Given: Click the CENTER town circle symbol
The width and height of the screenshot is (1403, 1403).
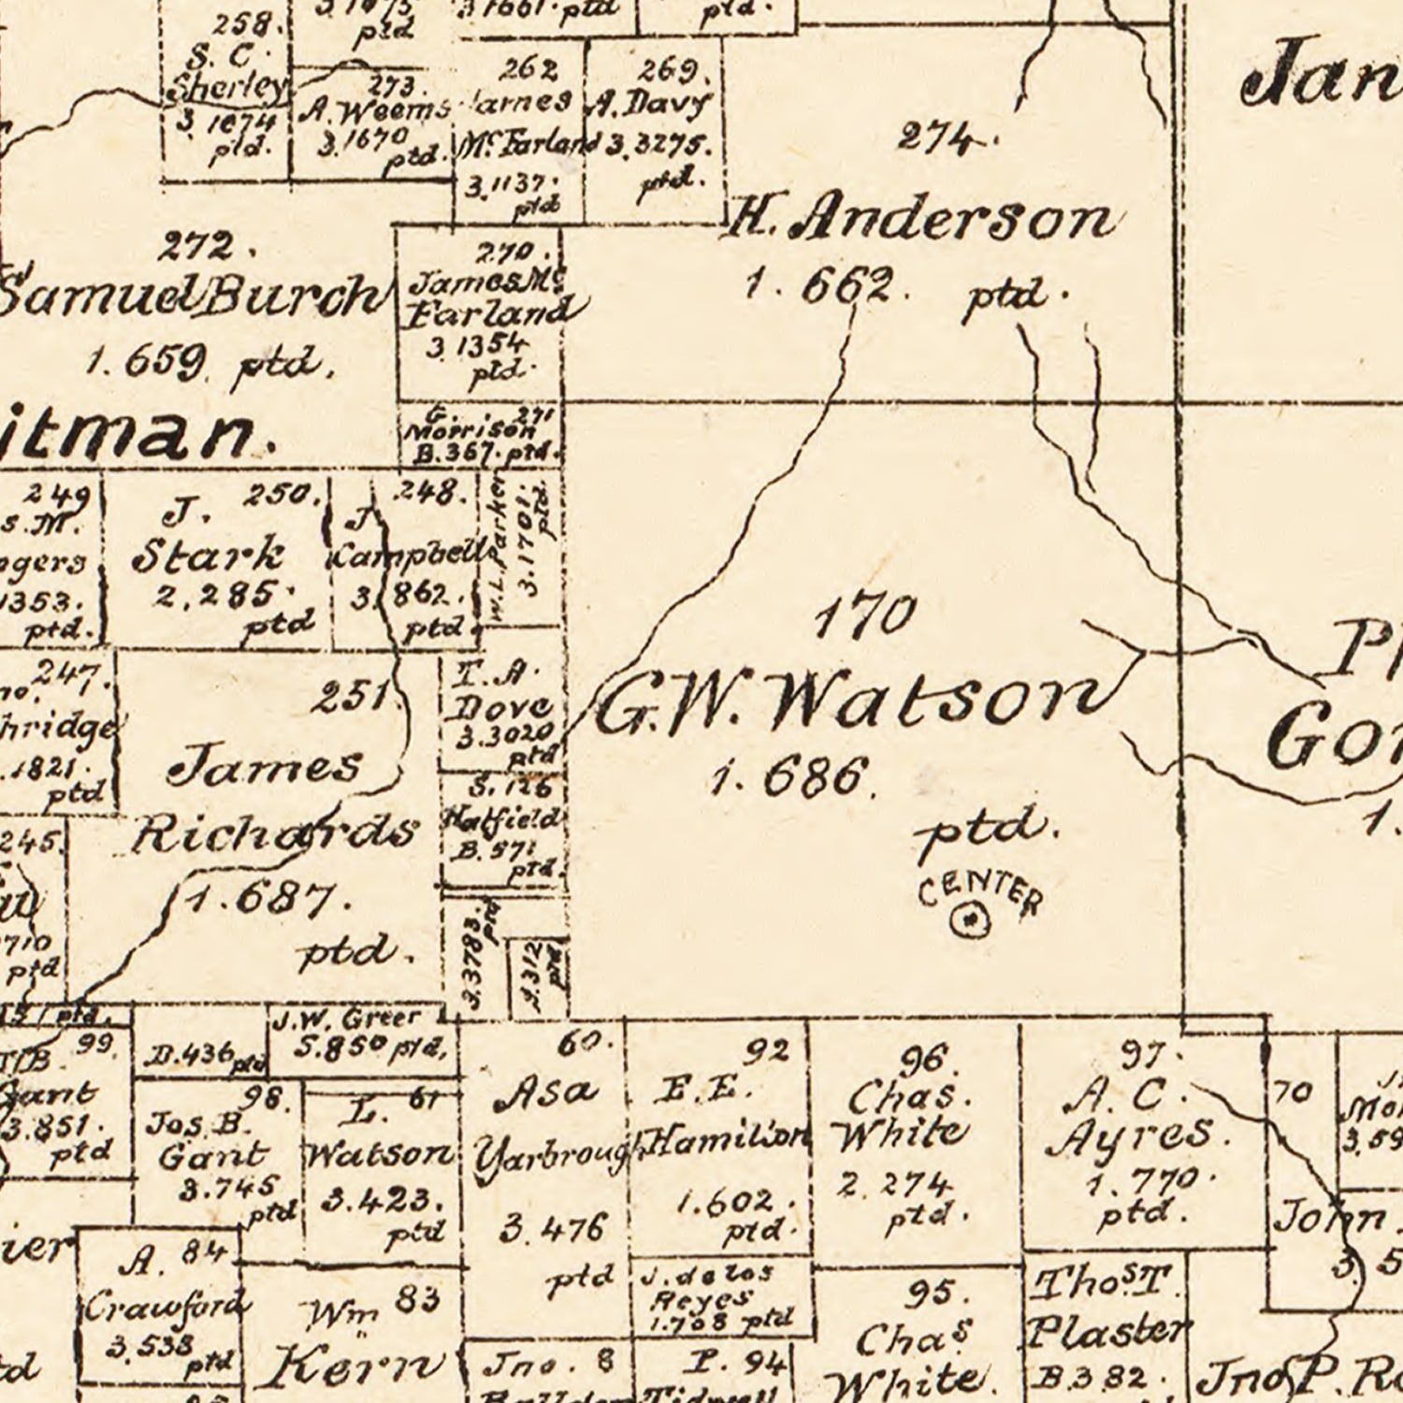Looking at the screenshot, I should (970, 920).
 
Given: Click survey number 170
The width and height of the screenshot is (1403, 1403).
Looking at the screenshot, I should (864, 617).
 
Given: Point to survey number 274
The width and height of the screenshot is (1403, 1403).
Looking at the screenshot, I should (940, 138).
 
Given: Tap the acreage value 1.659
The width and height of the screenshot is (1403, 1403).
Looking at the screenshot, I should (145, 361).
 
